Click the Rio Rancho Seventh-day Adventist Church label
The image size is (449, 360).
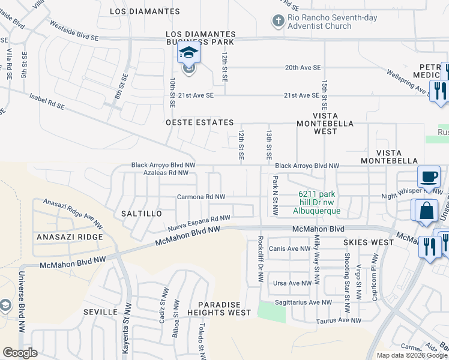point(333,22)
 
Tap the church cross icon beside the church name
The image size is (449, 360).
point(278,22)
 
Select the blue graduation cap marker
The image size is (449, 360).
point(189,54)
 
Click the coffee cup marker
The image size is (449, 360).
point(428,177)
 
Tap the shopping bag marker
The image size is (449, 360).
point(426,211)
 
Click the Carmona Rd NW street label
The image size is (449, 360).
point(201,197)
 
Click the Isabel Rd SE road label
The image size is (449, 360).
point(46,101)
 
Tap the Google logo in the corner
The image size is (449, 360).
point(20,353)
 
